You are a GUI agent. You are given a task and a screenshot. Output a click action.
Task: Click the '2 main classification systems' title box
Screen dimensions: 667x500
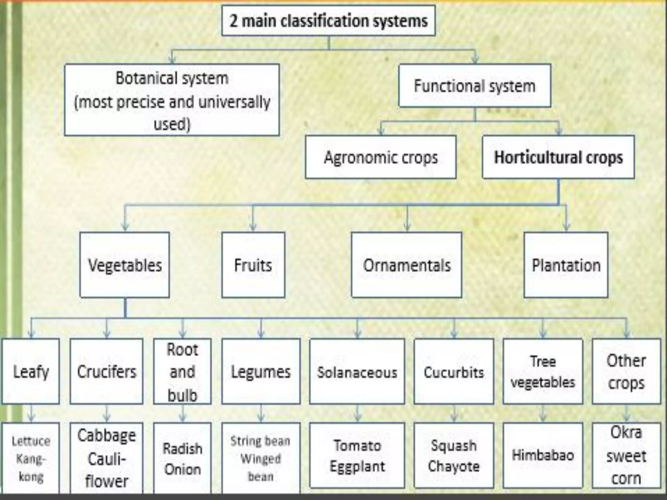click(328, 21)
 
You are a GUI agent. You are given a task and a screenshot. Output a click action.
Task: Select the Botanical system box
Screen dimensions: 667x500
click(172, 100)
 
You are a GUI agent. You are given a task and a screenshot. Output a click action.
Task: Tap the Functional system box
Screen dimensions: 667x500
click(475, 86)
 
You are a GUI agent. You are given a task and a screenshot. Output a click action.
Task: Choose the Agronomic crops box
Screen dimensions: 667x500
click(380, 157)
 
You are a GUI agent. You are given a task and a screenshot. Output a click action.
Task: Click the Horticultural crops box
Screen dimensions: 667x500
click(558, 157)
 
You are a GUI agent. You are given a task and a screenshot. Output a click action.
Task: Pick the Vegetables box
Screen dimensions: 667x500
click(125, 265)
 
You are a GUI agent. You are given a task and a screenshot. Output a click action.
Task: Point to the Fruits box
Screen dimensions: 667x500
click(253, 265)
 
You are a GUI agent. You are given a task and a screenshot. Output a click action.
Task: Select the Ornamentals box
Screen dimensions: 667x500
click(406, 265)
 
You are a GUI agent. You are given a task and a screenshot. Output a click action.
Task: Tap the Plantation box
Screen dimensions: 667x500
click(566, 265)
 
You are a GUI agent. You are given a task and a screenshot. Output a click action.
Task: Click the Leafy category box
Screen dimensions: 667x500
click(31, 371)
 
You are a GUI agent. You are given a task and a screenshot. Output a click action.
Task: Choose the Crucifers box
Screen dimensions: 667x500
click(106, 371)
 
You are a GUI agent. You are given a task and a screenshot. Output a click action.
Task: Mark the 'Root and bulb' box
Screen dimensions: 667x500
click(182, 371)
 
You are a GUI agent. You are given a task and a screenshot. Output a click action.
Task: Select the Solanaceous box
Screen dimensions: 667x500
click(357, 371)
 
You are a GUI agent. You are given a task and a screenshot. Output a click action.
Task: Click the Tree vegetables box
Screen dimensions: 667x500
click(543, 371)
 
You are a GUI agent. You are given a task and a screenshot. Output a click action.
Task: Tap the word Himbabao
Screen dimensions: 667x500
click(543, 455)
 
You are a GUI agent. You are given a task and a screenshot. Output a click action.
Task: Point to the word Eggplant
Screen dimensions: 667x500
click(357, 466)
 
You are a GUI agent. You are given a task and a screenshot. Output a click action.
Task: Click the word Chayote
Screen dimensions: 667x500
click(454, 466)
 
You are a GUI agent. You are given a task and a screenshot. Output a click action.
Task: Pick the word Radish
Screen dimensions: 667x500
click(182, 449)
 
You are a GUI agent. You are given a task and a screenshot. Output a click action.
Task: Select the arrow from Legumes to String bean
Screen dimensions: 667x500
click(261, 414)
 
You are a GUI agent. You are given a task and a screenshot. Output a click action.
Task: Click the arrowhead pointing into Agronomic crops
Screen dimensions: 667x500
click(381, 131)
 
